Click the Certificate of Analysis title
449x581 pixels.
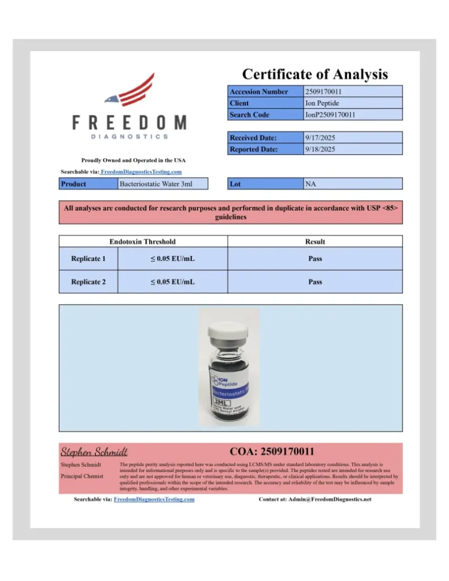315,74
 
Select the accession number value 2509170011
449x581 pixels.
323,91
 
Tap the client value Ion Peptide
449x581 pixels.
322,103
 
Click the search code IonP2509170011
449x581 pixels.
330,115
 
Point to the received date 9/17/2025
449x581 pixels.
320,138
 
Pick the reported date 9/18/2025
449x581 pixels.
320,150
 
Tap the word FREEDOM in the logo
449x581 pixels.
129,122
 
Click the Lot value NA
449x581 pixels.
310,184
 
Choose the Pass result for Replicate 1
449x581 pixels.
315,259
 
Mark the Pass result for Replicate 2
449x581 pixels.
315,281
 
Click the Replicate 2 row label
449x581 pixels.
88,281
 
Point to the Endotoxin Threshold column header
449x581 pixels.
142,242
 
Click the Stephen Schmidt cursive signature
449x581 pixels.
94,452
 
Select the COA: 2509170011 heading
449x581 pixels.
272,452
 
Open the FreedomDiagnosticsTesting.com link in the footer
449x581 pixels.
154,499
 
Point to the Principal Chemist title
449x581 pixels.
82,476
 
